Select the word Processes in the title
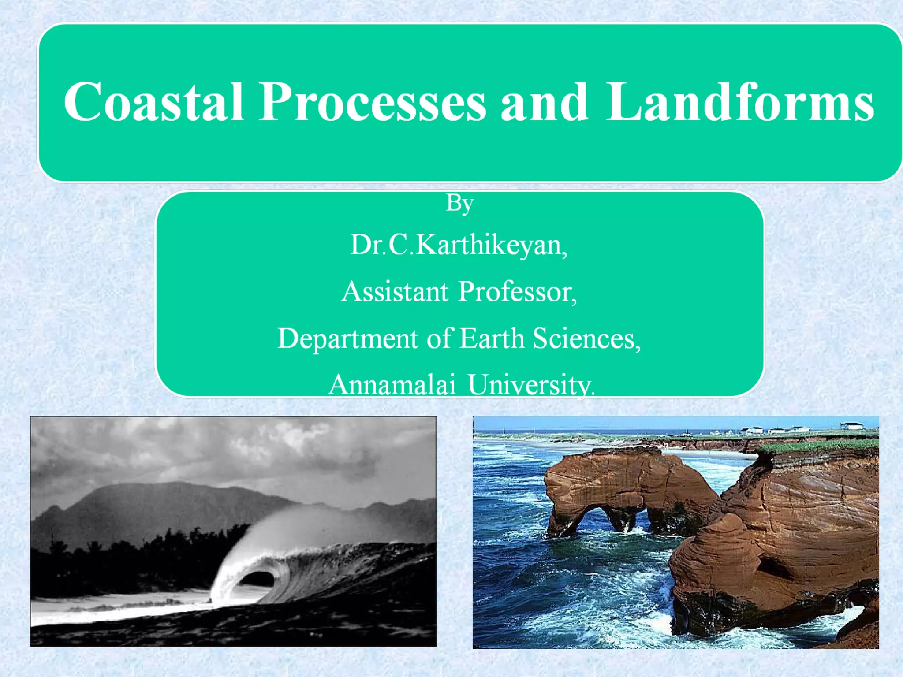click(x=372, y=102)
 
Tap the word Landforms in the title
click(x=739, y=102)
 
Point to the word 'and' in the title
click(x=544, y=102)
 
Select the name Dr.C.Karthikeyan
click(x=459, y=245)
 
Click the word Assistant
click(x=395, y=292)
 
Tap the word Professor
click(x=517, y=292)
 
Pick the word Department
click(x=347, y=338)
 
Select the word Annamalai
click(x=392, y=385)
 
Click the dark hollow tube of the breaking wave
click(x=257, y=578)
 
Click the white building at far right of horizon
click(x=852, y=426)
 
